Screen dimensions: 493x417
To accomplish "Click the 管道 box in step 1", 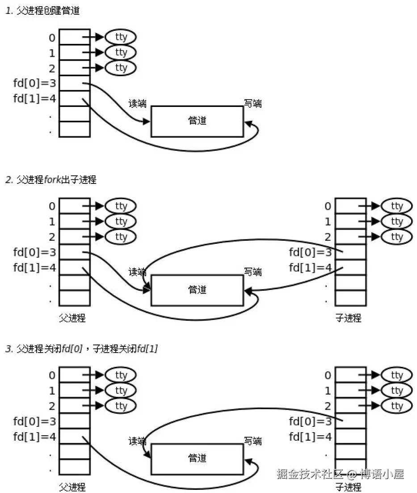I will [197, 121].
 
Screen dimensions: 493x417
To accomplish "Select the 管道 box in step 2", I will [197, 290].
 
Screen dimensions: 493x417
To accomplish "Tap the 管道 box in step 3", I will [197, 458].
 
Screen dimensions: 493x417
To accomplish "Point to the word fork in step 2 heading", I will [52, 180].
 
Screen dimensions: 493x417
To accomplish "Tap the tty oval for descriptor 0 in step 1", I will [121, 37].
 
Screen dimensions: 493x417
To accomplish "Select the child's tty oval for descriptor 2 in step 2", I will [396, 237].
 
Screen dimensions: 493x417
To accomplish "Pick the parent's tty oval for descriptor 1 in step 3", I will [121, 391].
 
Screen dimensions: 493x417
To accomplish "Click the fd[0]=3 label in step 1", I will [34, 84].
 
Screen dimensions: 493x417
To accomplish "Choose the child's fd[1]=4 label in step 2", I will [311, 268].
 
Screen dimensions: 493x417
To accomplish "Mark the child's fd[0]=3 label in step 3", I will [311, 421].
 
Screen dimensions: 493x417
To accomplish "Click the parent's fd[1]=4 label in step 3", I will [34, 436].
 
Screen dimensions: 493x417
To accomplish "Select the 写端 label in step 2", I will [253, 272].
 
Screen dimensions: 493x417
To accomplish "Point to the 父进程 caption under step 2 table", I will [72, 318].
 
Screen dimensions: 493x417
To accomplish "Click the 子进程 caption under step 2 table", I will [348, 318].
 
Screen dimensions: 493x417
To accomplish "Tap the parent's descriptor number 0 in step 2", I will [52, 206].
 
